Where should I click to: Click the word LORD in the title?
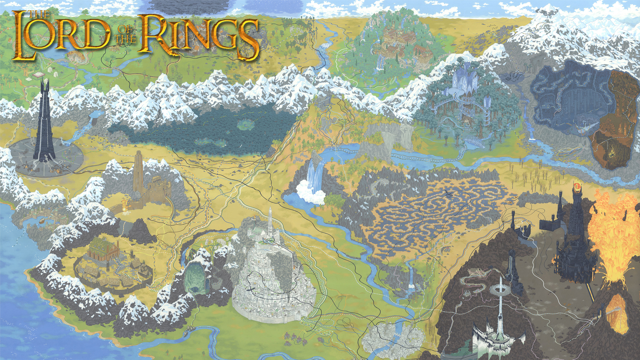coord(62,35)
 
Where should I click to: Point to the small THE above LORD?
coord(39,14)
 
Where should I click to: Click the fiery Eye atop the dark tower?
coord(576,185)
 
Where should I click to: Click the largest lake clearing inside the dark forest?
coord(246,124)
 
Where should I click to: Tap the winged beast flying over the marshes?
coord(448,192)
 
